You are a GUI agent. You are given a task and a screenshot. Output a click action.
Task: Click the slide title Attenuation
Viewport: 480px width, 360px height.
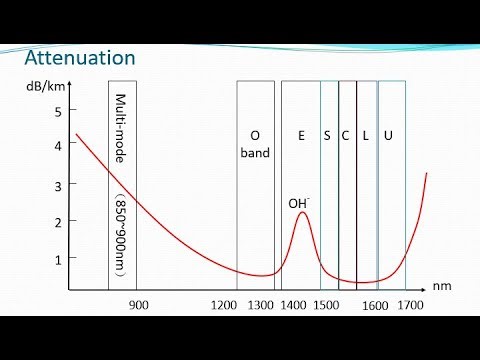tap(79, 57)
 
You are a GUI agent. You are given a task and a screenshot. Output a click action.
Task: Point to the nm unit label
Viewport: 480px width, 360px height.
tap(442, 286)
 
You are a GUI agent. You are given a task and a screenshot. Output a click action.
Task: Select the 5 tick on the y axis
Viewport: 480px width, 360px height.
tap(58, 111)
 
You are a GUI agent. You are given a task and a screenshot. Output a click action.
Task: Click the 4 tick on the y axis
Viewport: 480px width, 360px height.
tap(58, 146)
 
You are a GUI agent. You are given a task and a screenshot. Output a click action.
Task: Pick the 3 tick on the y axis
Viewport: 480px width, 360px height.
tap(58, 186)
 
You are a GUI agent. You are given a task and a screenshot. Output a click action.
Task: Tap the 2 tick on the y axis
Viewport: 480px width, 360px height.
tap(58, 222)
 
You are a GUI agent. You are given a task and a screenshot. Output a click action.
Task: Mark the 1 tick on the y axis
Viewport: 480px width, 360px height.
tap(58, 259)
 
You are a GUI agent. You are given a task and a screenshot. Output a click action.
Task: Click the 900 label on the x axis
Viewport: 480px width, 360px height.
tap(139, 304)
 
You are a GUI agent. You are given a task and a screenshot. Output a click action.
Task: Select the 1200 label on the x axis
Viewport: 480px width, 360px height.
tap(224, 304)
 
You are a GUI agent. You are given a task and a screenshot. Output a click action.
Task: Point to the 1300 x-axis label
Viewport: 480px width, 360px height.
tap(260, 304)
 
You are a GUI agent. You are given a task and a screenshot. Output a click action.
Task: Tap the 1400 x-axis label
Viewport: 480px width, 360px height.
tap(294, 304)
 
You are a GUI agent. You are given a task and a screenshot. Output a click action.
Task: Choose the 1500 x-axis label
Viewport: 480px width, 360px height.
tap(325, 304)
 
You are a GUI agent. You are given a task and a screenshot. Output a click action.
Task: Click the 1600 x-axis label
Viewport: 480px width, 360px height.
tap(375, 304)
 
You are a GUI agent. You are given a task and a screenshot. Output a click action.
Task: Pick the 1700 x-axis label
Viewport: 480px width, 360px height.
tap(408, 304)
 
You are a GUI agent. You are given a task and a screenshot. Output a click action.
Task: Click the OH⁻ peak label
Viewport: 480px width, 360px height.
tap(298, 203)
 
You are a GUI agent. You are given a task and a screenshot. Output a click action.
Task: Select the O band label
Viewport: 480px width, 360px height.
tap(255, 144)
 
